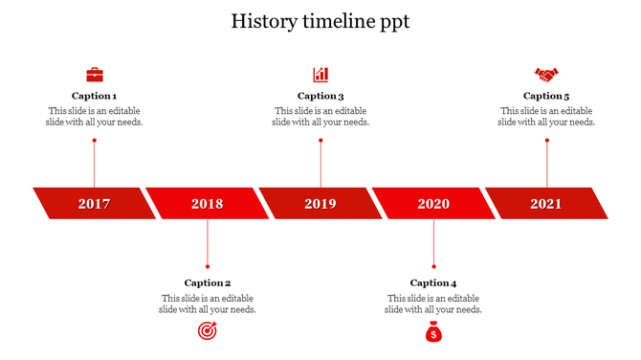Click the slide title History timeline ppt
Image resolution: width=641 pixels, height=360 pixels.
320,21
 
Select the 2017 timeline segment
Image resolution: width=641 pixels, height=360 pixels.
94,203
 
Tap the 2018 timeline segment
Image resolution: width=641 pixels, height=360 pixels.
207,203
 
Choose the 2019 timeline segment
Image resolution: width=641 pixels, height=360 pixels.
320,203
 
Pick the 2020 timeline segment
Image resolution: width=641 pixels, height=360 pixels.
433,203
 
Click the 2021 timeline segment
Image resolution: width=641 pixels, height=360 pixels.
546,203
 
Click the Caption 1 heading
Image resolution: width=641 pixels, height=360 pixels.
95,96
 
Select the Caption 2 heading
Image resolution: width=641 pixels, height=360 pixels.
208,282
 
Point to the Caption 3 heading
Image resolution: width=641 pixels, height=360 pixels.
320,96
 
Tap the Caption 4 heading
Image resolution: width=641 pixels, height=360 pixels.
433,282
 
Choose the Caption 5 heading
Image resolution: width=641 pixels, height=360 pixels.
546,96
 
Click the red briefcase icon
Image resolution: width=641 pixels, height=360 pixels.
95,74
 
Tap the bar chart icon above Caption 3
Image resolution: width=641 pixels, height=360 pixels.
320,74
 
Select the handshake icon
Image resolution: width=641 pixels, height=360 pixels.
546,74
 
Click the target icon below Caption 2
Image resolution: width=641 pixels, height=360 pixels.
208,331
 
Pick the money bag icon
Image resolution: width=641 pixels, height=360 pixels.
433,331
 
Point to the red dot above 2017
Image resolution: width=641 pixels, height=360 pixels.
95,141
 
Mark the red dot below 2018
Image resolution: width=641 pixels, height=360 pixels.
208,266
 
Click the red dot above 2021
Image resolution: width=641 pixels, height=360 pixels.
547,141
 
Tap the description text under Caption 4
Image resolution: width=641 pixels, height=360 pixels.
433,304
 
